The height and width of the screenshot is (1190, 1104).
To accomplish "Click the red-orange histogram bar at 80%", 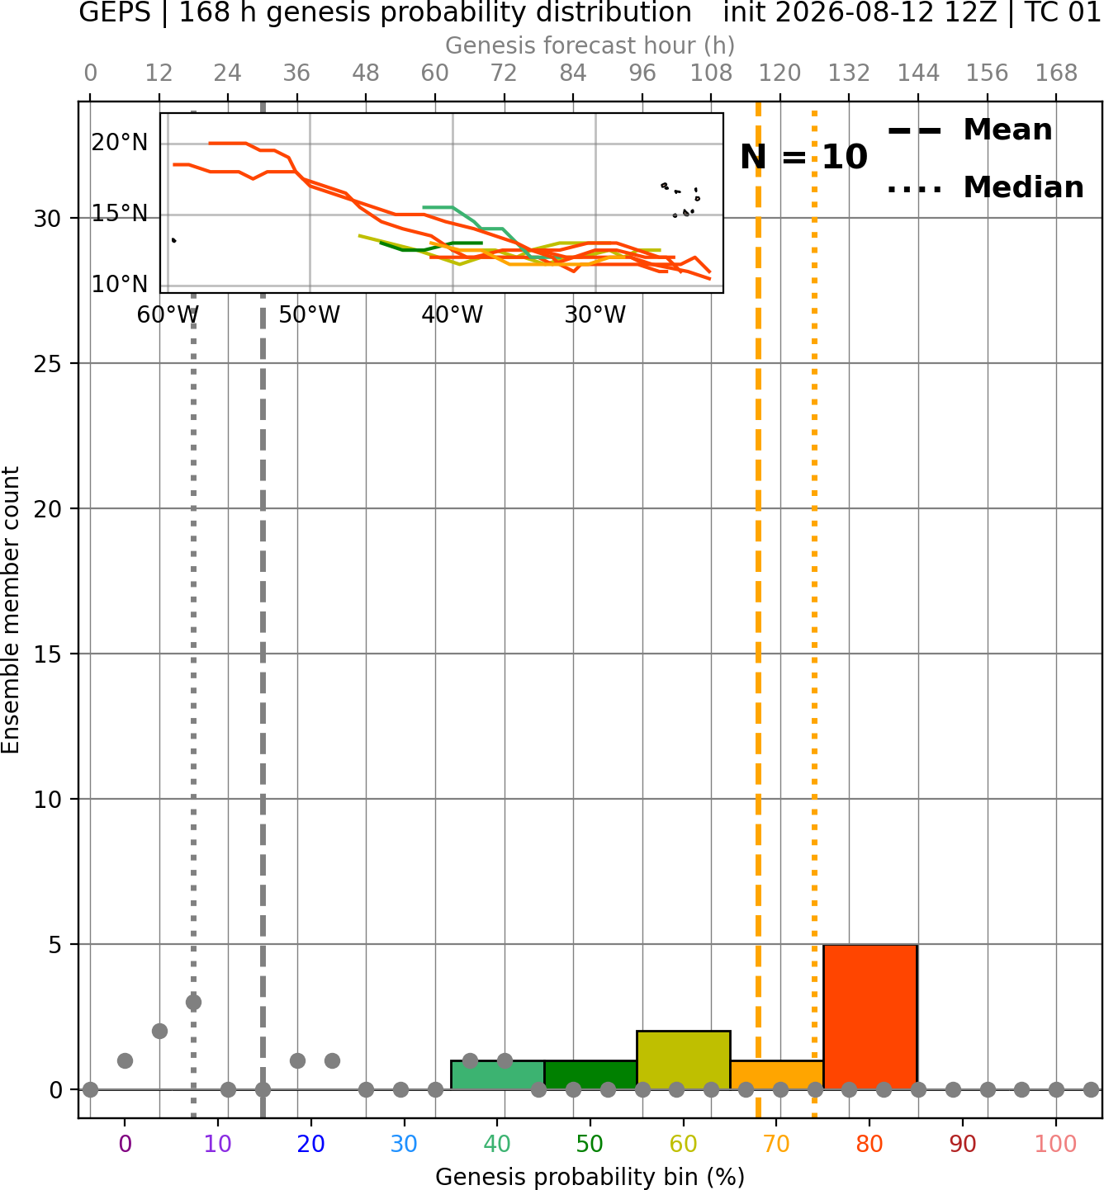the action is pos(869,1017).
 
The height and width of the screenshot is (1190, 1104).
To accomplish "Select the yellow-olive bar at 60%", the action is pos(683,1060).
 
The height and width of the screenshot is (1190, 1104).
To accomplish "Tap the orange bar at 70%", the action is pos(776,1075).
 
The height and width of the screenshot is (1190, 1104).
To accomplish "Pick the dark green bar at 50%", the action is pos(590,1075).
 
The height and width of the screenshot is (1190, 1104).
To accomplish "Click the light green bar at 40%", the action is pos(497,1075).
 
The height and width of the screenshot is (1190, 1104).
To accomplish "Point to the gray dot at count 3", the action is pos(193,1003).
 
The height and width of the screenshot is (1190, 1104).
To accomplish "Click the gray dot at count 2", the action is pos(159,1032).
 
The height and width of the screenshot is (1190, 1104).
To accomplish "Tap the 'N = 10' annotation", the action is pos(803,157).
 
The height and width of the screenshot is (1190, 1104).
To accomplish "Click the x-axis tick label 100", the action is pos(1055,1144).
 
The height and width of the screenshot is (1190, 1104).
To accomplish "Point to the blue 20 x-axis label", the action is pos(310,1144).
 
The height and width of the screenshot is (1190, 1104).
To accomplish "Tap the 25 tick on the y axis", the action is pos(48,364).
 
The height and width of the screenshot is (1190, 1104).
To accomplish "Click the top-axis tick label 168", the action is pos(1056,73).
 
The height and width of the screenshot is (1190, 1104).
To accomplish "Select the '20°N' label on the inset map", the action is pos(120,143).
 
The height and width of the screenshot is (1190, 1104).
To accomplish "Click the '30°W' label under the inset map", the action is pos(595,314).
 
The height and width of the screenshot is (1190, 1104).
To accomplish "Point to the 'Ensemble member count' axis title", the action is pos(10,610).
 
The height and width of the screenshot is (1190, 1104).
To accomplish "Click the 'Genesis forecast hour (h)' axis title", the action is pos(590,45).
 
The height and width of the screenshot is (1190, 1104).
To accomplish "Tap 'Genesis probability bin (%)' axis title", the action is pos(590,1177).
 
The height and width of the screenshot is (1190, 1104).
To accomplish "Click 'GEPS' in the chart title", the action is pos(115,12).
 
